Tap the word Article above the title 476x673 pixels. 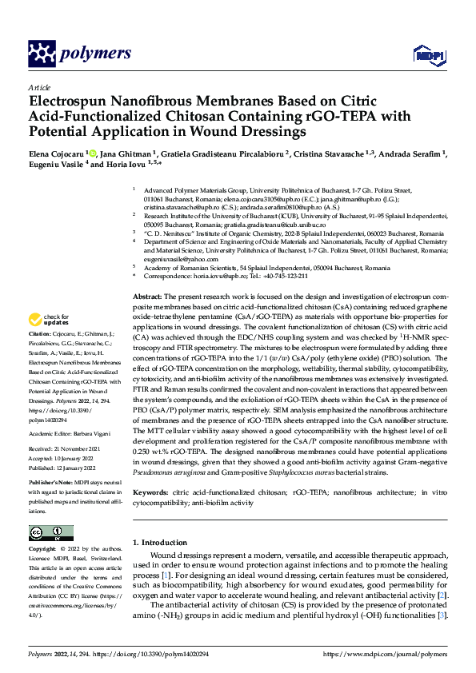coord(39,87)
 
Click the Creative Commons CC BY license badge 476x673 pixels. coord(50,533)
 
